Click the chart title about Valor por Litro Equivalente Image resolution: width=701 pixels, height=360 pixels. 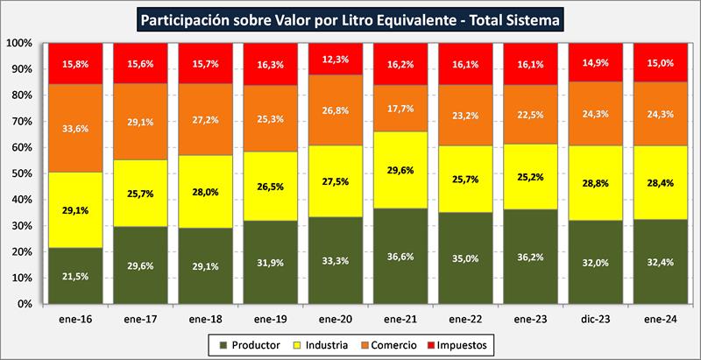pos(350,17)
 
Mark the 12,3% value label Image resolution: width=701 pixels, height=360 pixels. pos(334,60)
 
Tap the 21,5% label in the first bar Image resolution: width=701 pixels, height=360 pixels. pos(74,277)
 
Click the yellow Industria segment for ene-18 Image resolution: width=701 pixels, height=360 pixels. pos(204,193)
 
